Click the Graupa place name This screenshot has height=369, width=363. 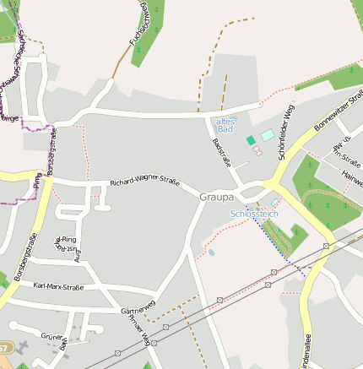tap(216, 197)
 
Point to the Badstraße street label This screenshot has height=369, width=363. tap(221, 149)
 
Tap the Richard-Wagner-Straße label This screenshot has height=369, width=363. tap(144, 182)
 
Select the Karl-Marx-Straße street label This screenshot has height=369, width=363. tap(62, 287)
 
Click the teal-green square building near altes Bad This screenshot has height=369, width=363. tap(250, 140)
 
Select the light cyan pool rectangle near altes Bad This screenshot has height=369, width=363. tap(267, 135)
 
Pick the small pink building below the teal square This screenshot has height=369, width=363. tap(257, 151)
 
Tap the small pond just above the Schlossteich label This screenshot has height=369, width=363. tap(274, 203)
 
